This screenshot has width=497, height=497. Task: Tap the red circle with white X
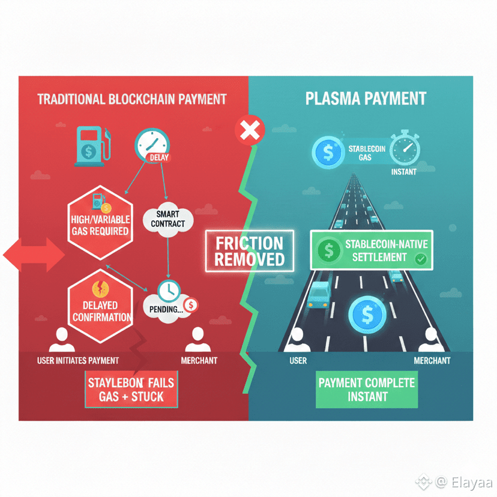pos(249,130)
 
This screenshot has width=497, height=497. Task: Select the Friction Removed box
pos(249,252)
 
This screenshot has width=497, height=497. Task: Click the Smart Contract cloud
pos(168,219)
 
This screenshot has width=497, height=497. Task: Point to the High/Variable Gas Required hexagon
pos(100,222)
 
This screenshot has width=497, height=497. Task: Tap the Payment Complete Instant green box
pos(367,390)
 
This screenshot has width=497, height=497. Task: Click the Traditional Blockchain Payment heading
pos(132,99)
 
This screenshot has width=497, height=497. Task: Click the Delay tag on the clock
pos(160,158)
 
